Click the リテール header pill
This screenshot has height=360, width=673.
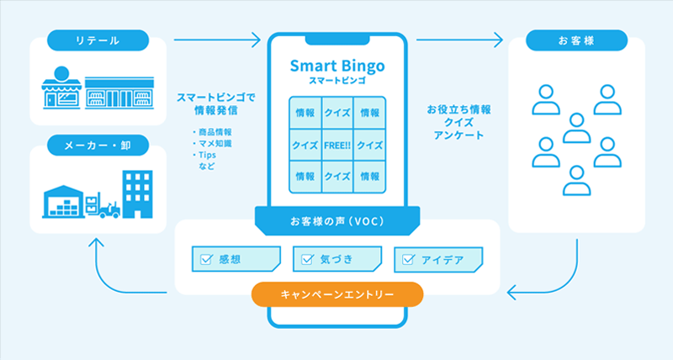point(98,40)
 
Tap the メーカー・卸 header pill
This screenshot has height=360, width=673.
point(98,146)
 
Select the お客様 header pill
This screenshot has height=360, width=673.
point(576,40)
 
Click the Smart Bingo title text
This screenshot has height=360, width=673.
point(337,66)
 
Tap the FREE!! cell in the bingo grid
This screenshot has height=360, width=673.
point(337,146)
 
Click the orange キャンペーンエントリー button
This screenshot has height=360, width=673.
point(337,294)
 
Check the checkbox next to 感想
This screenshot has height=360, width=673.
point(206,259)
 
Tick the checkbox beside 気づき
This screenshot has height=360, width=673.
point(307,259)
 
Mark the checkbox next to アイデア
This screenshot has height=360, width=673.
point(408,260)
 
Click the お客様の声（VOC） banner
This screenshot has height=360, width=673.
point(337,221)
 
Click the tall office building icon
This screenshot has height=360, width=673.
point(137,194)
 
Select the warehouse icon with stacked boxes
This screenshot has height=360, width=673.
point(63,202)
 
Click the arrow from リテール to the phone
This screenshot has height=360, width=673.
point(217,40)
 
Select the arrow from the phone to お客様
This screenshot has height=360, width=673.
point(459,40)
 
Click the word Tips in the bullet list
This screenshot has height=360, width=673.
point(207,155)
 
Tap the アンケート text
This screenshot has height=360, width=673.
point(458,135)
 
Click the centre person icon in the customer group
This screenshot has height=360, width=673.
point(576,129)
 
